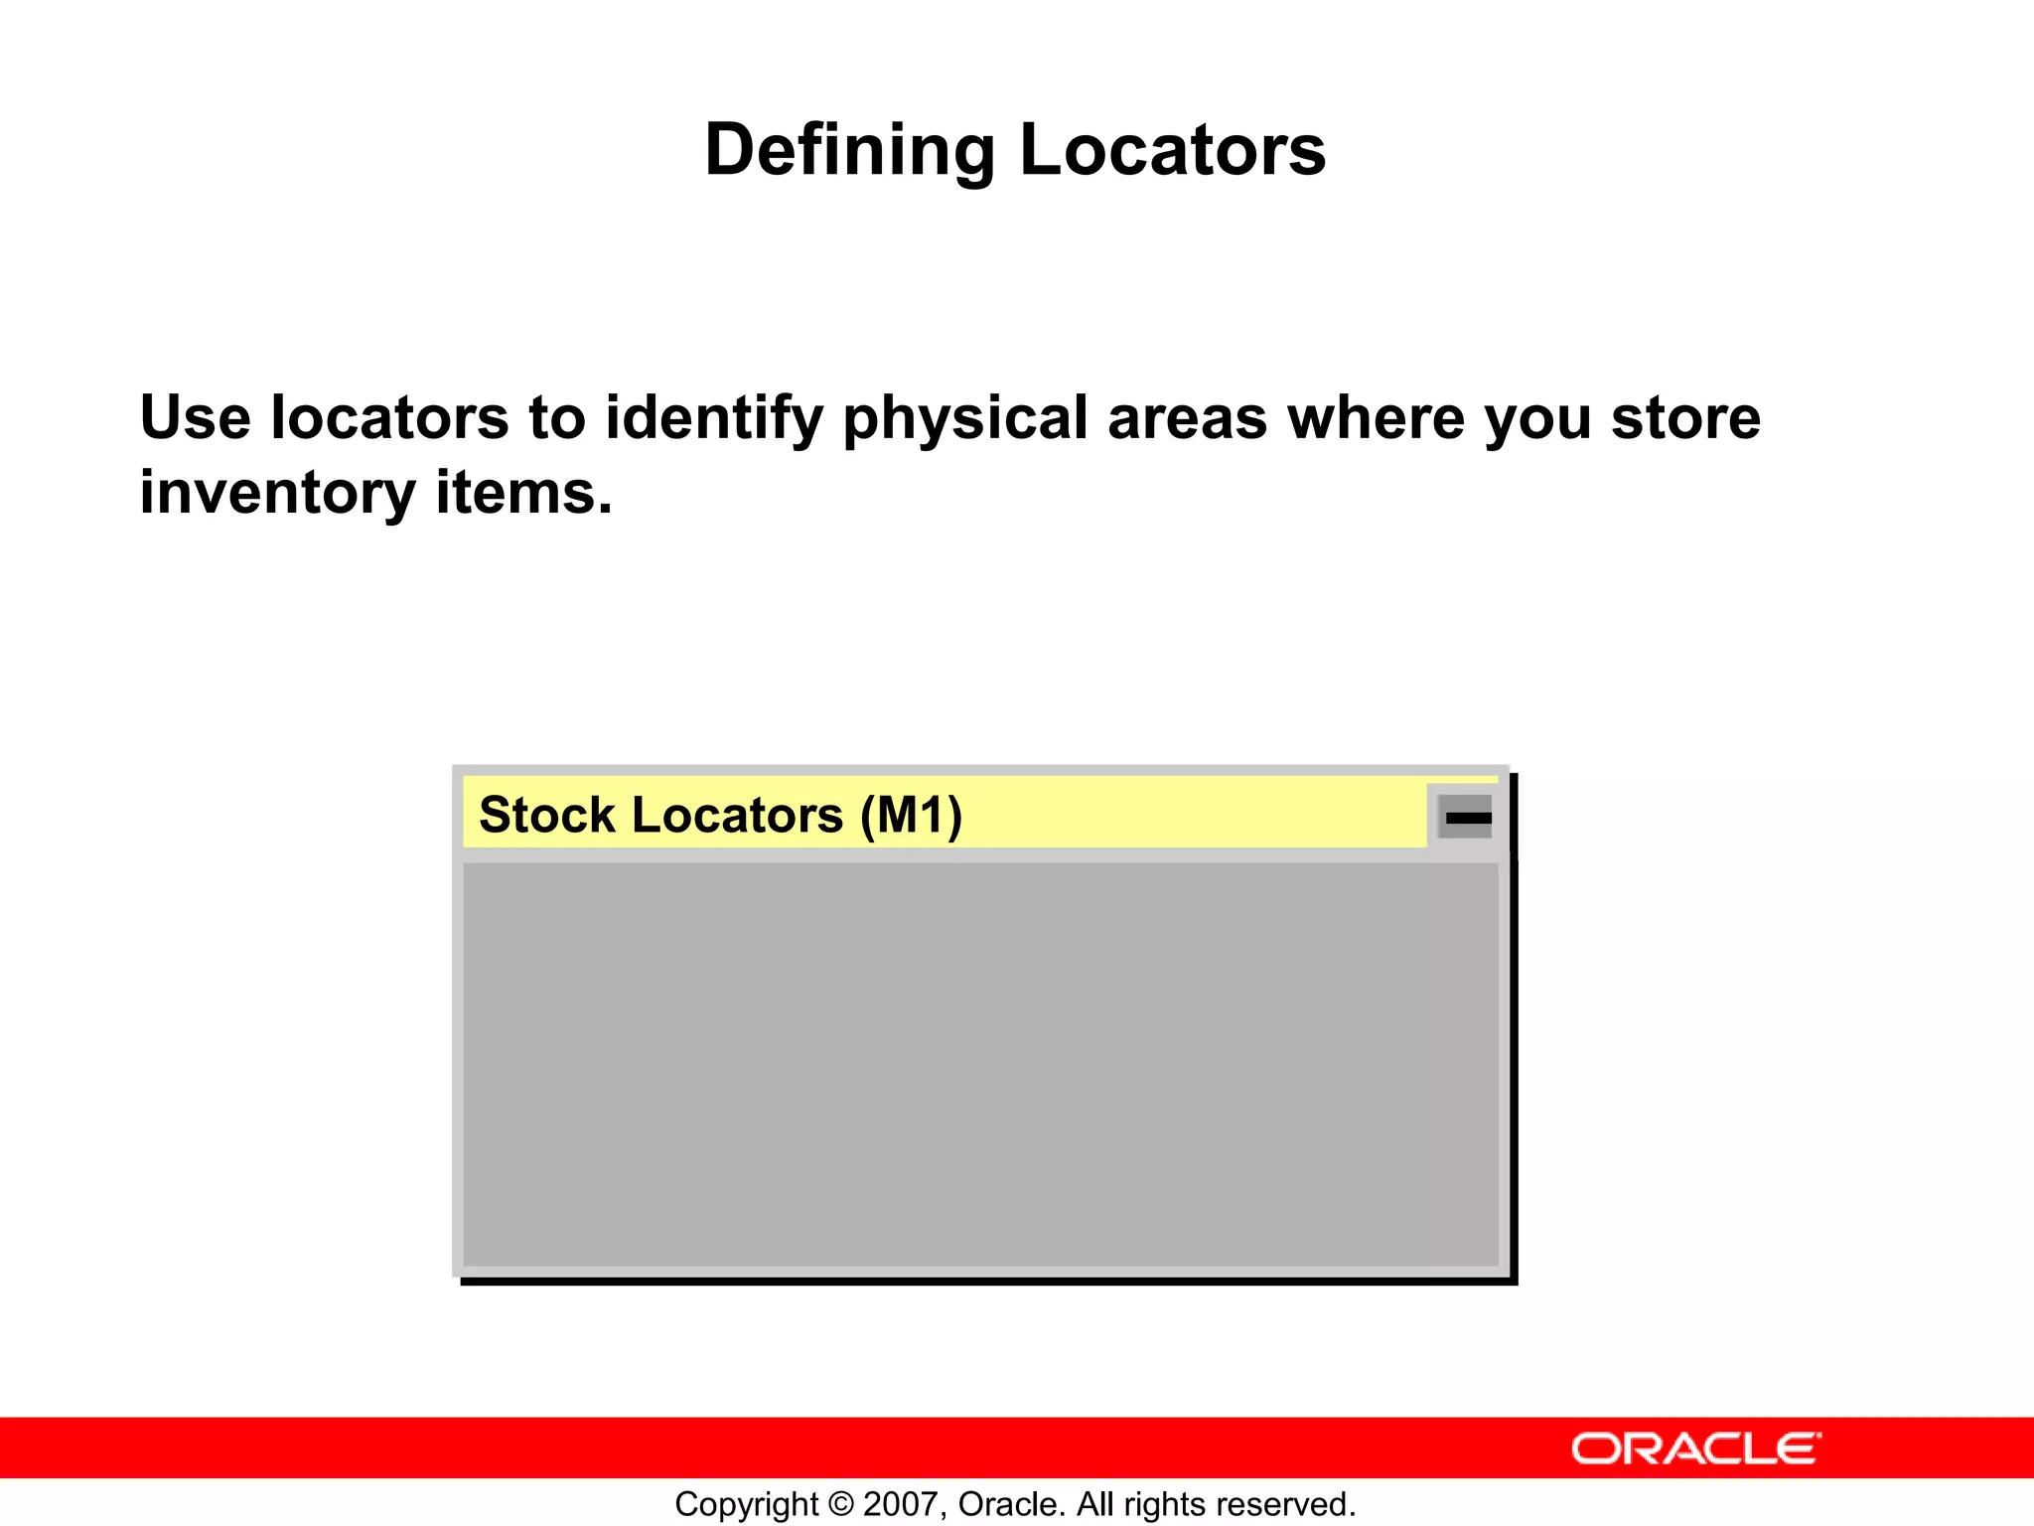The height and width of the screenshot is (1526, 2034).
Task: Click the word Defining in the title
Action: pyautogui.click(x=849, y=150)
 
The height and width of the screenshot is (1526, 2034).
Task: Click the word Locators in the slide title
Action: pyautogui.click(x=1173, y=150)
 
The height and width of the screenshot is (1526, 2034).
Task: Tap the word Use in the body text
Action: pyautogui.click(x=195, y=417)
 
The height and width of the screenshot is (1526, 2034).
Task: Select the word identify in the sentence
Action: pyautogui.click(x=714, y=417)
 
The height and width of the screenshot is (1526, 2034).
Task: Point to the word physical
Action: pyautogui.click(x=965, y=417)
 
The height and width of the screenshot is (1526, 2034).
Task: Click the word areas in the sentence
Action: pyautogui.click(x=1187, y=417)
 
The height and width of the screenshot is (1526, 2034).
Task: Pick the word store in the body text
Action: pyautogui.click(x=1685, y=417)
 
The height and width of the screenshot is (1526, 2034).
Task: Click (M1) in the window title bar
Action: pyautogui.click(x=911, y=815)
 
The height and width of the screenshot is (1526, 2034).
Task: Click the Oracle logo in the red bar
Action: pyautogui.click(x=1695, y=1449)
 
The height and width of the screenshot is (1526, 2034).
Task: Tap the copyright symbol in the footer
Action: pyautogui.click(x=841, y=1504)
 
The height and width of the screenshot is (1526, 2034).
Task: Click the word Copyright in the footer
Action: pyautogui.click(x=747, y=1504)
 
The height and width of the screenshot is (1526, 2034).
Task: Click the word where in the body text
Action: pyautogui.click(x=1375, y=417)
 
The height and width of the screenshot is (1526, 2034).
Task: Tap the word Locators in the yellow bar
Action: pyautogui.click(x=737, y=815)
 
